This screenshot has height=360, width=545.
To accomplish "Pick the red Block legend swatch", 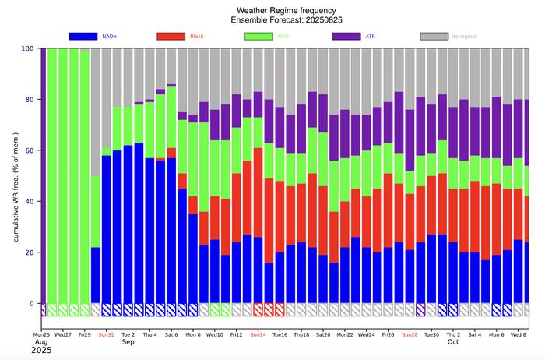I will point(171,36).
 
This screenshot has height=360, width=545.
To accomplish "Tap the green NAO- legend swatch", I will point(259,36).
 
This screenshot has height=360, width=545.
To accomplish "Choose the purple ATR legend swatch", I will point(346,36).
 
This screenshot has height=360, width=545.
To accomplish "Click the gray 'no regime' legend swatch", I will point(434,36).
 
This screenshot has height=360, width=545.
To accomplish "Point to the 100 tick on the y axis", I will point(29,48).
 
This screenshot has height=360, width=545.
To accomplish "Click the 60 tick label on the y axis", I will point(30,150).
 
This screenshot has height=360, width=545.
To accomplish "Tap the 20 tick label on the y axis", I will point(30,252).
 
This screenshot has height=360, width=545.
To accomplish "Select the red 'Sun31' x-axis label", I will point(106,334).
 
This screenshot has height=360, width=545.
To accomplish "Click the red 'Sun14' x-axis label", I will point(258,334).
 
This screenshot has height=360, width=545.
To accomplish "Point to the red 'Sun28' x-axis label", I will point(410,334).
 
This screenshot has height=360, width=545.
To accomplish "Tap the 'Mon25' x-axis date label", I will point(41,334).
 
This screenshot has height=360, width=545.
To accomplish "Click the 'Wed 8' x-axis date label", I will point(519,334).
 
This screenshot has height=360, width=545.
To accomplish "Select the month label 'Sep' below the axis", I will point(128,342).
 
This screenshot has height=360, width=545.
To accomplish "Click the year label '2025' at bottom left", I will point(42,351).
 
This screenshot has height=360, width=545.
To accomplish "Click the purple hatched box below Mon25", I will point(43,309).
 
